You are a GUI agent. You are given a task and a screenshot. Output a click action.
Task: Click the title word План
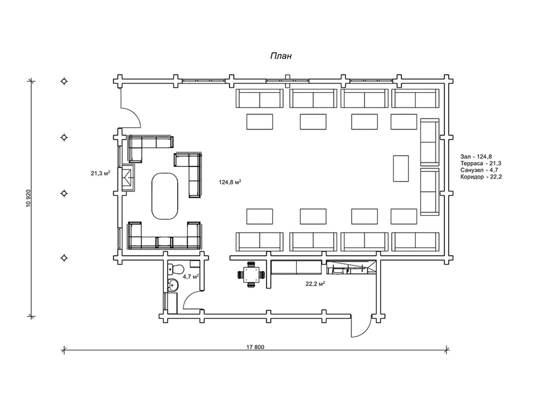pos(281,56)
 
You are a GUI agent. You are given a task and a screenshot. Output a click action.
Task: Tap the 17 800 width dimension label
pos(255,347)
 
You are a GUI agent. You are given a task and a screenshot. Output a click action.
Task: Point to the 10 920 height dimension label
pos(28,198)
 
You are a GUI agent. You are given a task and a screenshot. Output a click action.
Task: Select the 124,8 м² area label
pos(230,182)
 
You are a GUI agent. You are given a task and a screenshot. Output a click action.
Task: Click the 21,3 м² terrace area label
pos(100,173)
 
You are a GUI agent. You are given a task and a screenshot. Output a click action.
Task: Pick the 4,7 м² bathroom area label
pos(191,276)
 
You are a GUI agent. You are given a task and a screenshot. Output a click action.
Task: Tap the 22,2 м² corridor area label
pos(315,284)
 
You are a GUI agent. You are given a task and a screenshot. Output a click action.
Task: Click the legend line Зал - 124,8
pos(476,157)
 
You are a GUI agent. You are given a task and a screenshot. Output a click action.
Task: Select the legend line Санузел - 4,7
pos(479,170)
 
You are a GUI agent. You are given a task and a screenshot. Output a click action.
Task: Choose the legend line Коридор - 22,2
pos(481,177)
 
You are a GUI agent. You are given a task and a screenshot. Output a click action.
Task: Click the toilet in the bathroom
pos(176,269)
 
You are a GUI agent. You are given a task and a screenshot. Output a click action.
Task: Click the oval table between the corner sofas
pos(164,196)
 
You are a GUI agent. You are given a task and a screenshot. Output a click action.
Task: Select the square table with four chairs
pos(251,274)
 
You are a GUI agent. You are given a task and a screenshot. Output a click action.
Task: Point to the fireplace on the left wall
pos(128,177)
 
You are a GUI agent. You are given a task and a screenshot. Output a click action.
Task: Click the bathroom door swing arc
pos(193,300)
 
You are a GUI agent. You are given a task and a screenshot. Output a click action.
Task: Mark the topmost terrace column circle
pos(64,81)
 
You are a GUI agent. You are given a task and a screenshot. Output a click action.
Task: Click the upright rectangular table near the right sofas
pos(401,168)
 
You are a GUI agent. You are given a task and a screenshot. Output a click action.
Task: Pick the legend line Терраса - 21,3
pos(481,163)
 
